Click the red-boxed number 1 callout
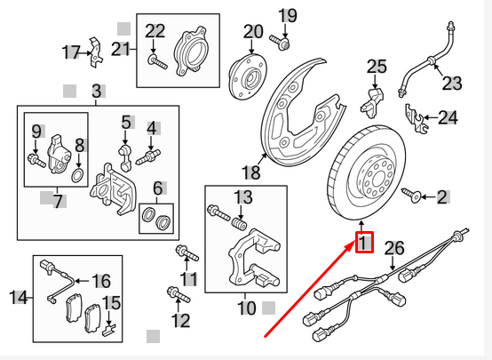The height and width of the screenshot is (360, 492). point(363,241)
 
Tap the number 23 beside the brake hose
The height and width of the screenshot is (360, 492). point(453,84)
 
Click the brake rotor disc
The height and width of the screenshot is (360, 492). point(364,173)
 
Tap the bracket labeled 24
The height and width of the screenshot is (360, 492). point(409,114)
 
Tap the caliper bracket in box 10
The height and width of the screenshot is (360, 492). point(253,257)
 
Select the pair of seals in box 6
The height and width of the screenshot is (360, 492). point(158,219)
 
